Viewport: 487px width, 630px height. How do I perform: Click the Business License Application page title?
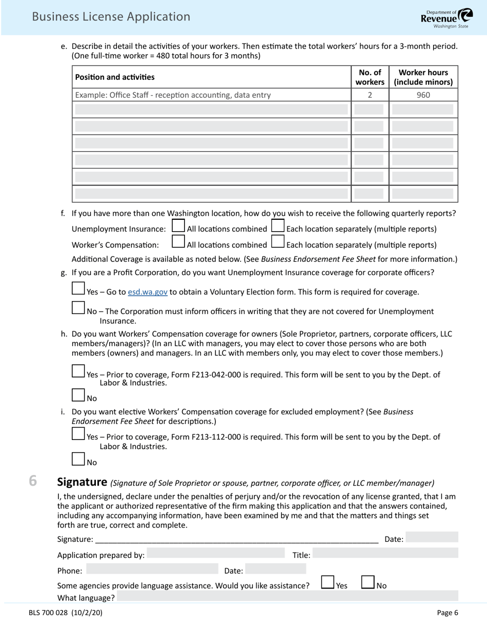click(111, 17)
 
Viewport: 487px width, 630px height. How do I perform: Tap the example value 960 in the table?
click(423, 95)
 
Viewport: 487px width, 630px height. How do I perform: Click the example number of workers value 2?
click(370, 95)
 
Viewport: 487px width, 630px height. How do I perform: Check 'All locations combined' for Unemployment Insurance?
click(178, 226)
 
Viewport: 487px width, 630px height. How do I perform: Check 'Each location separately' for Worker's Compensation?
click(277, 242)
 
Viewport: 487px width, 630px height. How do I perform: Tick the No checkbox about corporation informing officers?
click(78, 308)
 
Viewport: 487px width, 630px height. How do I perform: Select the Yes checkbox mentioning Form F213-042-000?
click(78, 371)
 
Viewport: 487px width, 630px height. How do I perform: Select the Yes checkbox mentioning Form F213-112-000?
click(78, 434)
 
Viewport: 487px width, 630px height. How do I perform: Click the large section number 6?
click(33, 481)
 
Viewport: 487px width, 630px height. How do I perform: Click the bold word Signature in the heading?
click(82, 482)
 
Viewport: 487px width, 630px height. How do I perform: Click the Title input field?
click(384, 553)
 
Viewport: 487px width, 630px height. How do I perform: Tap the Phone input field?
click(152, 569)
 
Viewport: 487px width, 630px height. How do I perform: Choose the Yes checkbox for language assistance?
click(328, 582)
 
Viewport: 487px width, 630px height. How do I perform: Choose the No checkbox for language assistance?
click(368, 582)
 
